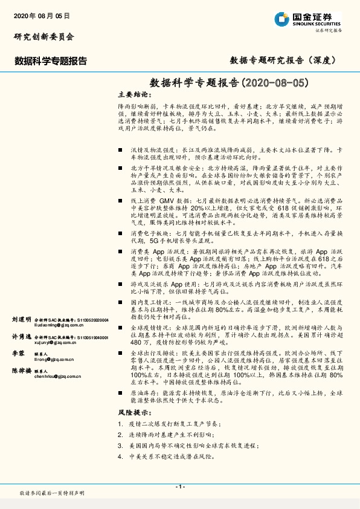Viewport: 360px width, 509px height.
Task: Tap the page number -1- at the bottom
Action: (x=179, y=487)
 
